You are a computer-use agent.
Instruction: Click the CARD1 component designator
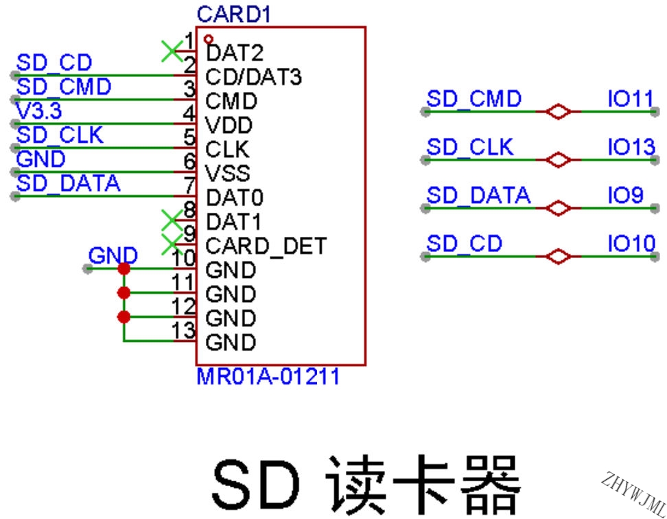233,14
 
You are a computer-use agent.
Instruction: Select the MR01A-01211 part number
268,376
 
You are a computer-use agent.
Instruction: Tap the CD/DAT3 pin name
253,77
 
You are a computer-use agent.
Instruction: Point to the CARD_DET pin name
266,246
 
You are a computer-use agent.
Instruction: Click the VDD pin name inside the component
229,125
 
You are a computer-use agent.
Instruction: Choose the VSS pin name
228,174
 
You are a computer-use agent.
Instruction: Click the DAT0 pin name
235,198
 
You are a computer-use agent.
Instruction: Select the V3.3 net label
38,111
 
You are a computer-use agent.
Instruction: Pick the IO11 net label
631,99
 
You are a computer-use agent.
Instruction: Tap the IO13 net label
631,147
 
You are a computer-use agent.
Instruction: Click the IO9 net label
625,195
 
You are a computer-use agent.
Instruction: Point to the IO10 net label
631,244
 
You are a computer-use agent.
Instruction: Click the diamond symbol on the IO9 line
558,209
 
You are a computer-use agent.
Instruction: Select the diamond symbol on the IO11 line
558,112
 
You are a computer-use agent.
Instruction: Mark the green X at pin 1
172,51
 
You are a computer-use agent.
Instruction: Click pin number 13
184,330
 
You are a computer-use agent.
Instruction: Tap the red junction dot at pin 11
124,292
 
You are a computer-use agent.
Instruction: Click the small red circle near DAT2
209,40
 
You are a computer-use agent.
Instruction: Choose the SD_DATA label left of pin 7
68,183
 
